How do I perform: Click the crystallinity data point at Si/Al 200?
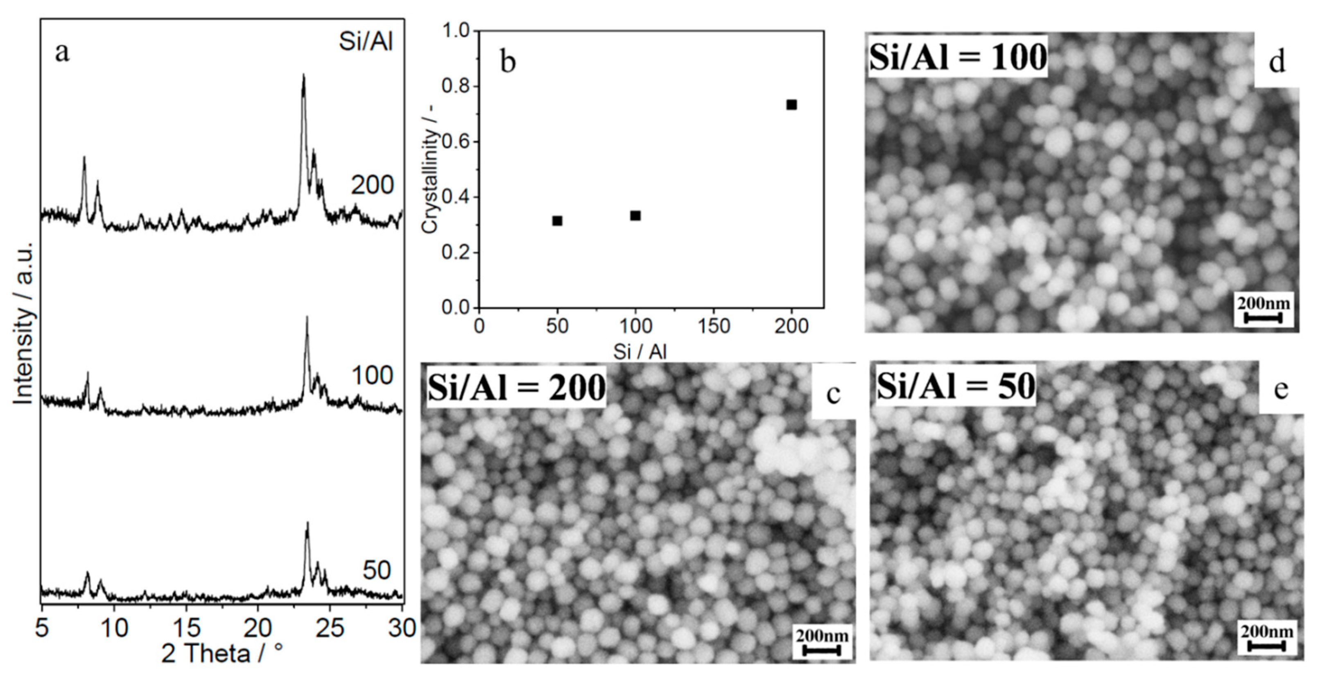pyautogui.click(x=792, y=105)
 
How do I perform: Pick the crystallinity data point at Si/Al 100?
pyautogui.click(x=635, y=215)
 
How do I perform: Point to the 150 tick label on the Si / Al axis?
pyautogui.click(x=714, y=326)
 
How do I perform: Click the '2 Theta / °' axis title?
pyautogui.click(x=222, y=654)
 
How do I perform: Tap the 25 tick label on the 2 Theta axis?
pyautogui.click(x=330, y=628)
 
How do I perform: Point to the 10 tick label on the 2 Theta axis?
pyautogui.click(x=114, y=628)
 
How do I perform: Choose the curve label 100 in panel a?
pyautogui.click(x=372, y=376)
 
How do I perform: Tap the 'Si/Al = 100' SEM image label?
pyautogui.click(x=957, y=57)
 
